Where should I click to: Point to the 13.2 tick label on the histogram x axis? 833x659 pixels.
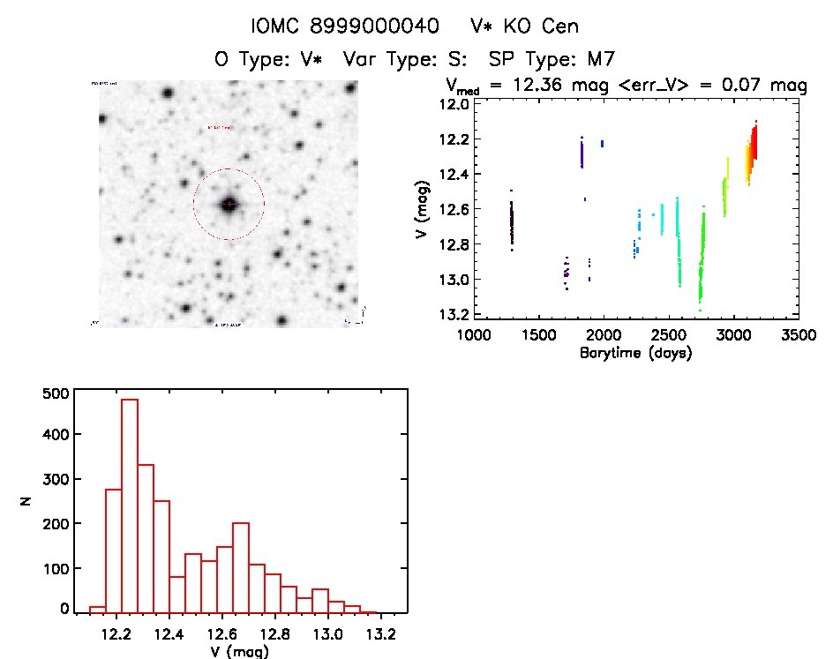pyautogui.click(x=382, y=634)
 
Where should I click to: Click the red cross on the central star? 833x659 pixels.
pyautogui.click(x=229, y=205)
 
